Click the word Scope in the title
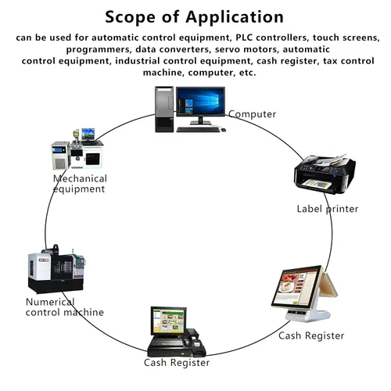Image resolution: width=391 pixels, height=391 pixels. pyautogui.click(x=130, y=17)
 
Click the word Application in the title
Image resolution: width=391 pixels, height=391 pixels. pyautogui.click(x=235, y=18)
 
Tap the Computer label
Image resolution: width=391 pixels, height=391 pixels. pyautogui.click(x=253, y=114)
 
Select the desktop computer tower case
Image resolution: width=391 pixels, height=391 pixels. pyautogui.click(x=164, y=109)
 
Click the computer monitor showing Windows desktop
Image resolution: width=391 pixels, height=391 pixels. pyautogui.click(x=200, y=105)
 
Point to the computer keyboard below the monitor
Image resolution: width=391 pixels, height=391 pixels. pyautogui.click(x=198, y=130)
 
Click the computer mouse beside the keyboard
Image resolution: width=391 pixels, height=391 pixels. pyautogui.click(x=223, y=130)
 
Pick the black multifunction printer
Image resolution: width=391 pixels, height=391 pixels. pyautogui.click(x=325, y=174)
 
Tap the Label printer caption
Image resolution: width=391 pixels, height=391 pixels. pyautogui.click(x=328, y=209)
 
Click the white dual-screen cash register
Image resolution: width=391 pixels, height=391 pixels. pyautogui.click(x=304, y=293)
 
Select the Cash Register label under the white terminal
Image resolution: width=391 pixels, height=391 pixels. pyautogui.click(x=311, y=335)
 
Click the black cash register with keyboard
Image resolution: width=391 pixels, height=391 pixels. pyautogui.click(x=176, y=332)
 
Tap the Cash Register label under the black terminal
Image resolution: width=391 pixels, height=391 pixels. pyautogui.click(x=177, y=363)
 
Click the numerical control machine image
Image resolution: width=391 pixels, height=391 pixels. pyautogui.click(x=56, y=269)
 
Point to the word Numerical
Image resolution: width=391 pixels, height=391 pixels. pyautogui.click(x=50, y=302)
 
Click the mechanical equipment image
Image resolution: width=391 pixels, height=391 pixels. pyautogui.click(x=77, y=149)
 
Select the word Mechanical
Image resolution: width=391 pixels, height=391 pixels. pyautogui.click(x=80, y=178)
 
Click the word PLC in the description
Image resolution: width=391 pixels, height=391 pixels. pyautogui.click(x=244, y=38)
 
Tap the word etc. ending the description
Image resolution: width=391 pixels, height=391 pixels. pyautogui.click(x=248, y=73)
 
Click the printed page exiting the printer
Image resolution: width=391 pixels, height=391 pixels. pyautogui.click(x=317, y=183)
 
